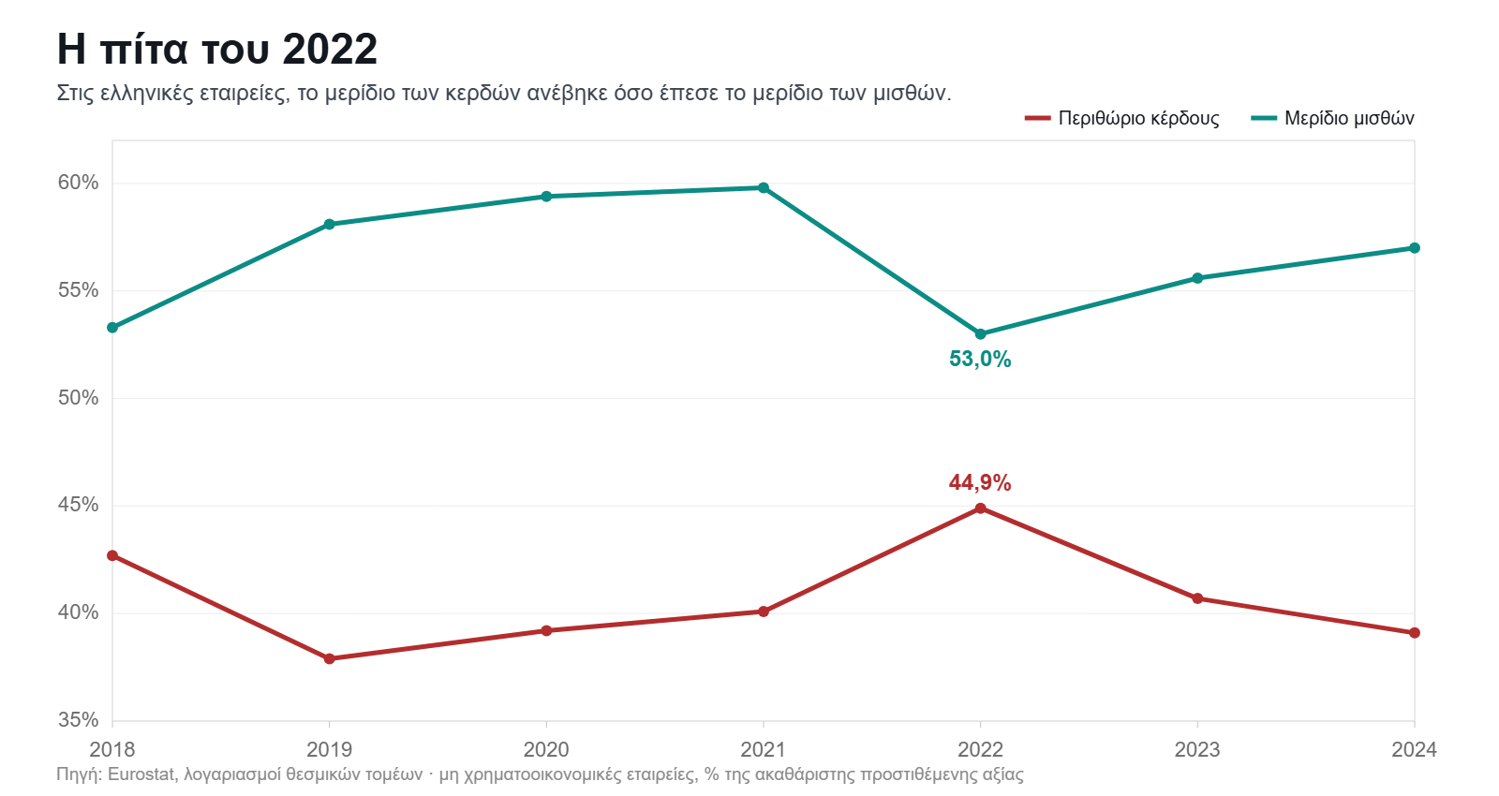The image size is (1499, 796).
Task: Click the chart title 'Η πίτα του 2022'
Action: click(216, 49)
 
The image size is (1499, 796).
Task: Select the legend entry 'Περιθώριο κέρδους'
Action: click(1122, 118)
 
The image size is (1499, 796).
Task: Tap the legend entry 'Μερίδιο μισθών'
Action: click(1332, 118)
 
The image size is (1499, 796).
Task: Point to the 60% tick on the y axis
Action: click(78, 183)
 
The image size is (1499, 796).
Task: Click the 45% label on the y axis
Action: click(78, 505)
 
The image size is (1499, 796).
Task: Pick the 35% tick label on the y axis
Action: click(78, 720)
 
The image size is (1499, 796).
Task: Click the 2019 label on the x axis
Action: click(329, 749)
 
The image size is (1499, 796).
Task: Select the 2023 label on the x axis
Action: click(1197, 749)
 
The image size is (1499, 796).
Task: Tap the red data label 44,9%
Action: click(980, 482)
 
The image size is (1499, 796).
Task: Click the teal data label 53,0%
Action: click(980, 360)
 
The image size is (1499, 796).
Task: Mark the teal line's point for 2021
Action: click(764, 188)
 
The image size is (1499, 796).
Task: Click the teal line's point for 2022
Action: click(980, 333)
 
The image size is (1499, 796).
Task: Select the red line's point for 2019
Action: click(329, 659)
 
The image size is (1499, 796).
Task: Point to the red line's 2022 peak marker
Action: click(980, 509)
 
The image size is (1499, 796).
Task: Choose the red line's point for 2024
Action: click(1414, 633)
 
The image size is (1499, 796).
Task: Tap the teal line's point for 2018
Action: click(112, 328)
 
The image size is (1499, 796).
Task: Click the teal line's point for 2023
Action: click(1197, 278)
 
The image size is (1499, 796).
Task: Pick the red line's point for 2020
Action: click(546, 631)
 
